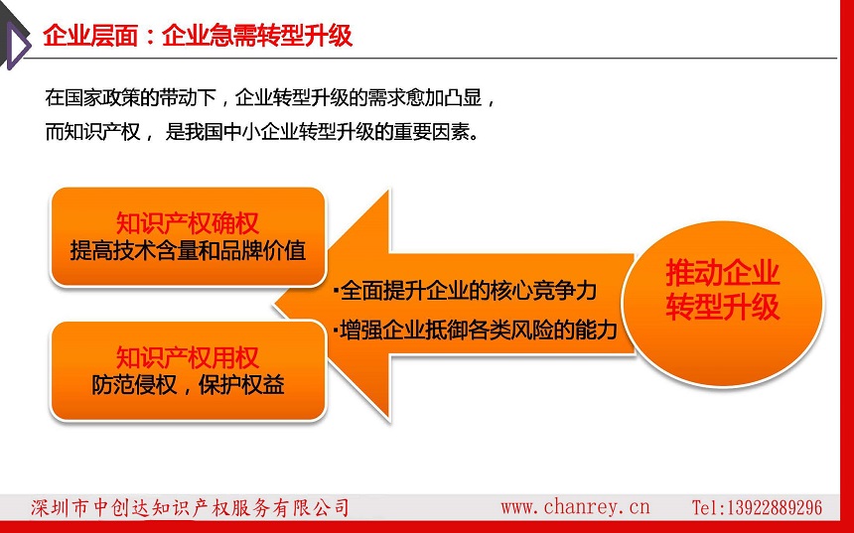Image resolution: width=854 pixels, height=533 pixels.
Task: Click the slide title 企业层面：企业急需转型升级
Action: pos(198,36)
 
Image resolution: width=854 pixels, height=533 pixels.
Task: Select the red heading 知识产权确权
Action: pos(188,223)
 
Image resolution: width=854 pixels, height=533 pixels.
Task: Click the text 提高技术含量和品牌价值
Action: pos(188,250)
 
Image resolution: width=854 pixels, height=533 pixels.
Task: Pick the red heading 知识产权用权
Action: pos(188,357)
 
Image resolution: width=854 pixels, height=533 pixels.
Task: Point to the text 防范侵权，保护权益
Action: pos(188,385)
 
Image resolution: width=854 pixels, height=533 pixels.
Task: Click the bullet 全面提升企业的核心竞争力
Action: pos(466,291)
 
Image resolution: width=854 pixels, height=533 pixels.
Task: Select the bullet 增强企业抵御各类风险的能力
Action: pos(475,330)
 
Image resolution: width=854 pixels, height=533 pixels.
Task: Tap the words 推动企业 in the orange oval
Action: pos(722,272)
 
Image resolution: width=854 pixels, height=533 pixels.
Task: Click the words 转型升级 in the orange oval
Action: pos(722,306)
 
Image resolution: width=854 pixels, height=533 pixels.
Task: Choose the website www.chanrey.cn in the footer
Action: pos(575,507)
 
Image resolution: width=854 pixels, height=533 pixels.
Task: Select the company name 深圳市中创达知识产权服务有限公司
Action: pos(190,507)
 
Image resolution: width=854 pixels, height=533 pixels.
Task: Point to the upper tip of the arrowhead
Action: pos(389,190)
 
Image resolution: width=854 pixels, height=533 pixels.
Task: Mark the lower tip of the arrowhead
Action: pos(389,421)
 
